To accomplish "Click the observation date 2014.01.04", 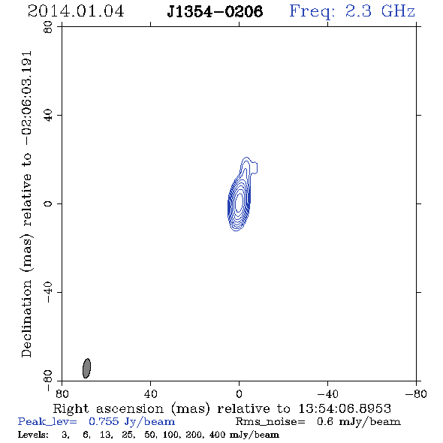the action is pyautogui.click(x=76, y=11).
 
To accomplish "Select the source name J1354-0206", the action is pyautogui.click(x=215, y=11).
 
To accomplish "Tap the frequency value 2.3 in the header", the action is pyautogui.click(x=358, y=11).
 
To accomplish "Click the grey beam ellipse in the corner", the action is pyautogui.click(x=86, y=368).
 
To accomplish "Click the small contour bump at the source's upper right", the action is pyautogui.click(x=255, y=167).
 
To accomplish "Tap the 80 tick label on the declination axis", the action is pyautogui.click(x=48, y=27).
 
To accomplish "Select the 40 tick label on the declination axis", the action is pyautogui.click(x=48, y=116).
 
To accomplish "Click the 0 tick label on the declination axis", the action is pyautogui.click(x=48, y=203).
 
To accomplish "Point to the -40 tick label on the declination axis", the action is pyautogui.click(x=48, y=292).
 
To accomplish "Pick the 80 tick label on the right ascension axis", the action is pyautogui.click(x=62, y=393).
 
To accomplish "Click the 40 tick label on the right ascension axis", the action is pyautogui.click(x=150, y=393).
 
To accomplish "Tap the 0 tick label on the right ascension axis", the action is pyautogui.click(x=239, y=393).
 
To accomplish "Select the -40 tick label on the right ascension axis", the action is pyautogui.click(x=327, y=393).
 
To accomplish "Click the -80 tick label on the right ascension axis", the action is pyautogui.click(x=416, y=393).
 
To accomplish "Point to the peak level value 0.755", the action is pyautogui.click(x=104, y=421).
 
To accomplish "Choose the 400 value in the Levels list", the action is pyautogui.click(x=217, y=434).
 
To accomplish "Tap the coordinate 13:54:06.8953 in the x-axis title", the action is pyautogui.click(x=345, y=408).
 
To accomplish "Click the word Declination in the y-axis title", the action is pyautogui.click(x=26, y=318).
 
